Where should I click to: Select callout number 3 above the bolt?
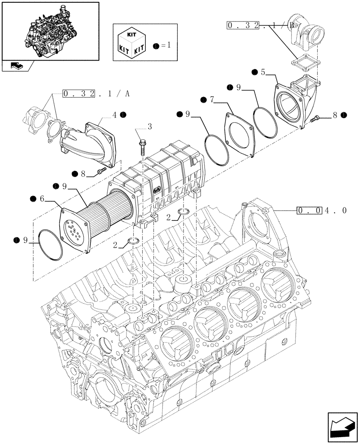(x=149, y=128)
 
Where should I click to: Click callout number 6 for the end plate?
(x=42, y=198)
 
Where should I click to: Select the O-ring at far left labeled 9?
(x=49, y=245)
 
